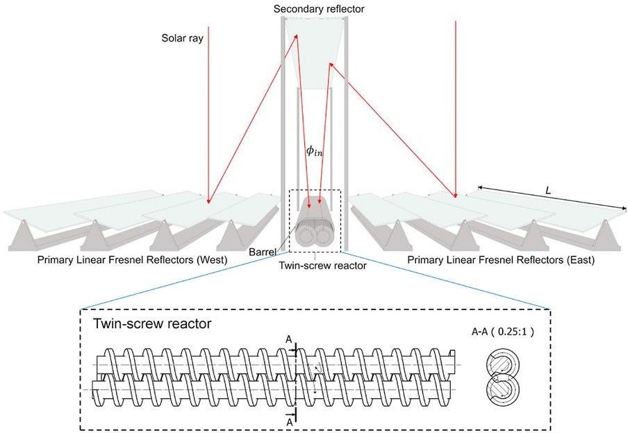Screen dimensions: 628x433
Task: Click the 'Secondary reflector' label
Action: point(319,9)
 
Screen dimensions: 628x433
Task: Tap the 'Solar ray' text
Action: point(182,38)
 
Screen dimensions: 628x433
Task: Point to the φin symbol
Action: point(314,151)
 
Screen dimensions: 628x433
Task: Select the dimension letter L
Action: point(548,191)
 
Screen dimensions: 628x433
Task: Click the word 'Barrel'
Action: point(263,252)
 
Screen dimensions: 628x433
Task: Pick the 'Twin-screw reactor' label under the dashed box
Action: point(322,265)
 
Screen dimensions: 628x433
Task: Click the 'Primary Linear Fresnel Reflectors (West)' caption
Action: point(132,260)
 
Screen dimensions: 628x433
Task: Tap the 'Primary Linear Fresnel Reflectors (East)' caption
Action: point(501,260)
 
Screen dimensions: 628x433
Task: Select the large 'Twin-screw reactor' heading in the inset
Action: point(152,323)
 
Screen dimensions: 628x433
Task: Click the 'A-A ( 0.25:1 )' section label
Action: point(503,332)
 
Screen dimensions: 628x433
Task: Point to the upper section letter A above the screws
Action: point(289,340)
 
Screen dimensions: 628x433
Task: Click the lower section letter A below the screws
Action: point(290,422)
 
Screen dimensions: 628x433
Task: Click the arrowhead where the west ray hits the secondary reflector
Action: point(297,36)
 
